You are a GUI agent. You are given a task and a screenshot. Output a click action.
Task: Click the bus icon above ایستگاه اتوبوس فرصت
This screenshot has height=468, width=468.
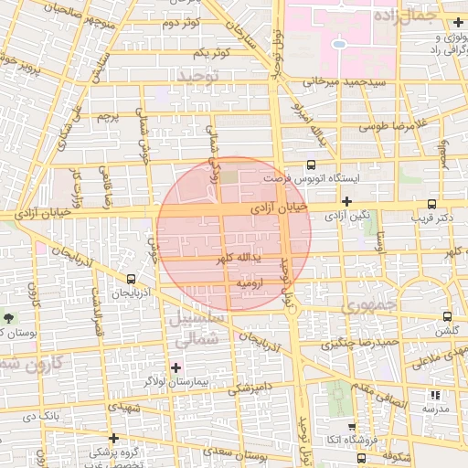[313, 165]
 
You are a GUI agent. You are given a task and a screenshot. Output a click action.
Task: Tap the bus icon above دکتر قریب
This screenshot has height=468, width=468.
[431, 204]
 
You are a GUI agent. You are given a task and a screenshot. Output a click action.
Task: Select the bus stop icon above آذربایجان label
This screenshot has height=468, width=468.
[132, 279]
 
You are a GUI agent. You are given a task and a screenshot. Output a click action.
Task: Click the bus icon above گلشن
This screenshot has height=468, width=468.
[447, 316]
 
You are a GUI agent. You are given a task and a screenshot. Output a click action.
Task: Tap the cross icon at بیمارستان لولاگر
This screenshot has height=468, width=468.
[176, 367]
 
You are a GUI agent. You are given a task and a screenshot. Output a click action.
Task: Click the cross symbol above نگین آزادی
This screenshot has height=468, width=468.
[346, 201]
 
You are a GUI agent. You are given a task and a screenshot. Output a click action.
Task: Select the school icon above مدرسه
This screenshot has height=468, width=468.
[435, 396]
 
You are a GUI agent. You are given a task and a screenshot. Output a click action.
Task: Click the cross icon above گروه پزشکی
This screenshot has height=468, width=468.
[113, 438]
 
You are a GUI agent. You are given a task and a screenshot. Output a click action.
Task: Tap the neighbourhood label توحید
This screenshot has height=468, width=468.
[198, 74]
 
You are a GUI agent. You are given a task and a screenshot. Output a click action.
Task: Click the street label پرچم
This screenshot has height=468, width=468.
[109, 117]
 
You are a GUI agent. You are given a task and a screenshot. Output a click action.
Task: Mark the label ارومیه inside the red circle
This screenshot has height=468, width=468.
[250, 284]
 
